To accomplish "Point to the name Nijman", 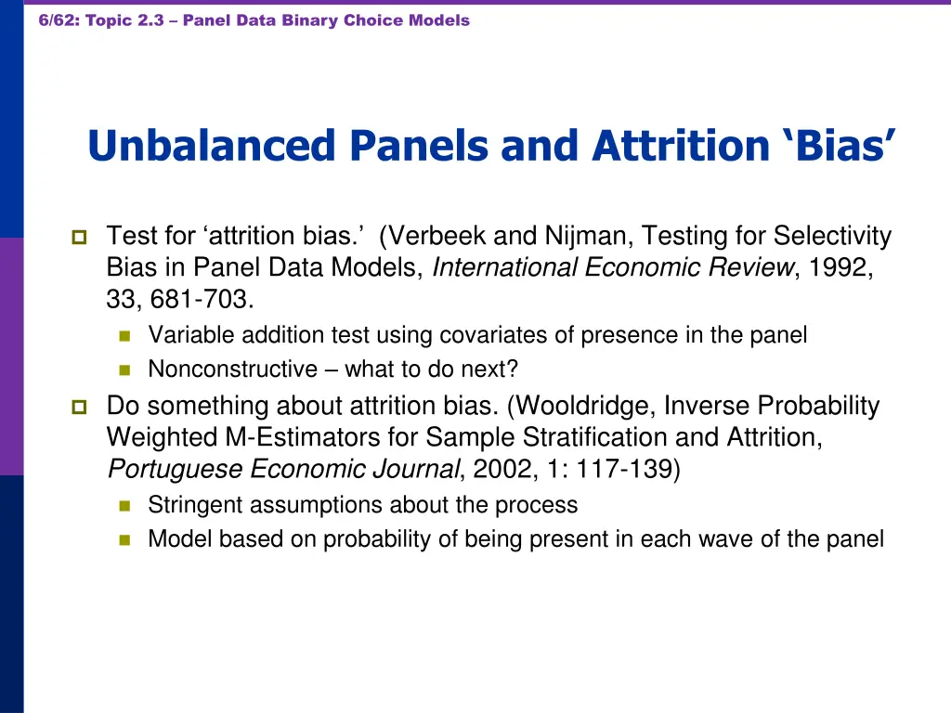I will point(573,237).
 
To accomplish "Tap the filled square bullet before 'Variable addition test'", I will point(125,335).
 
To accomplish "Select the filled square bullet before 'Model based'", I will point(125,539).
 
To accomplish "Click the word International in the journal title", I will point(505,267).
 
